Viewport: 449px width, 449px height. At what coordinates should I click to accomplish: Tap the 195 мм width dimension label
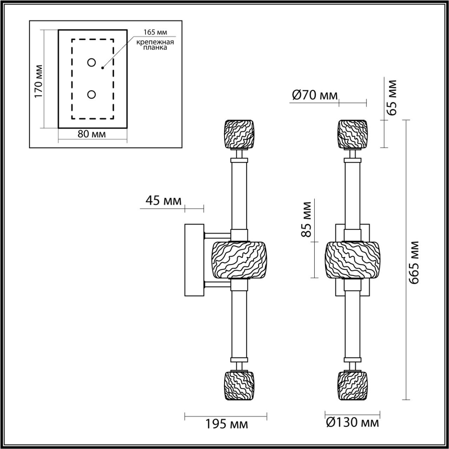227,423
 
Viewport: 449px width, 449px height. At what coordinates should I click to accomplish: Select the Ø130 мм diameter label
352,423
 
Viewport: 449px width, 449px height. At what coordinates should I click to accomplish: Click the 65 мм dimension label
393,97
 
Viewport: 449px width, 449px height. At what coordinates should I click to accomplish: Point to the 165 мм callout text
154,33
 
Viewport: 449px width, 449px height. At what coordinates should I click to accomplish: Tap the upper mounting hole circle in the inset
92,63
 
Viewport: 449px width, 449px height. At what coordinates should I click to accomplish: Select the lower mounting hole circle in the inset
92,94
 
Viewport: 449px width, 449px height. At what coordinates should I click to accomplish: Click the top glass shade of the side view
239,134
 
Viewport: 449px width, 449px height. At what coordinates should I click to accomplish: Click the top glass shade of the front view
352,134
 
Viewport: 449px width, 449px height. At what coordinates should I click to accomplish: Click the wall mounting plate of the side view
194,261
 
